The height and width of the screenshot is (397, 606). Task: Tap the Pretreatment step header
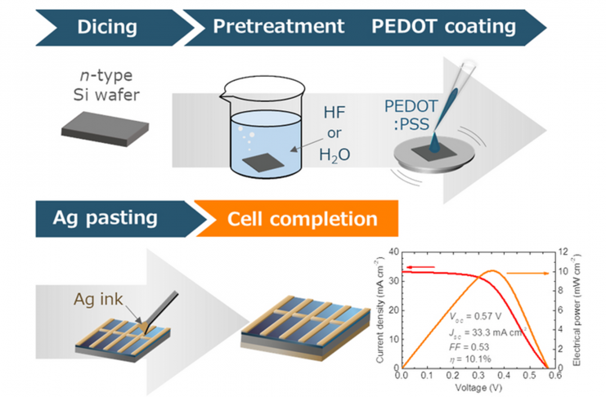[x=278, y=27]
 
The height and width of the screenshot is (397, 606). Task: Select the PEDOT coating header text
[x=443, y=27]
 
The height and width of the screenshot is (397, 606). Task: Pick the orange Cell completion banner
[x=303, y=219]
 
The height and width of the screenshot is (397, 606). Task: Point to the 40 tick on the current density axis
[x=393, y=252]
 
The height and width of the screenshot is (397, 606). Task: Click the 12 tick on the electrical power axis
[x=564, y=252]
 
